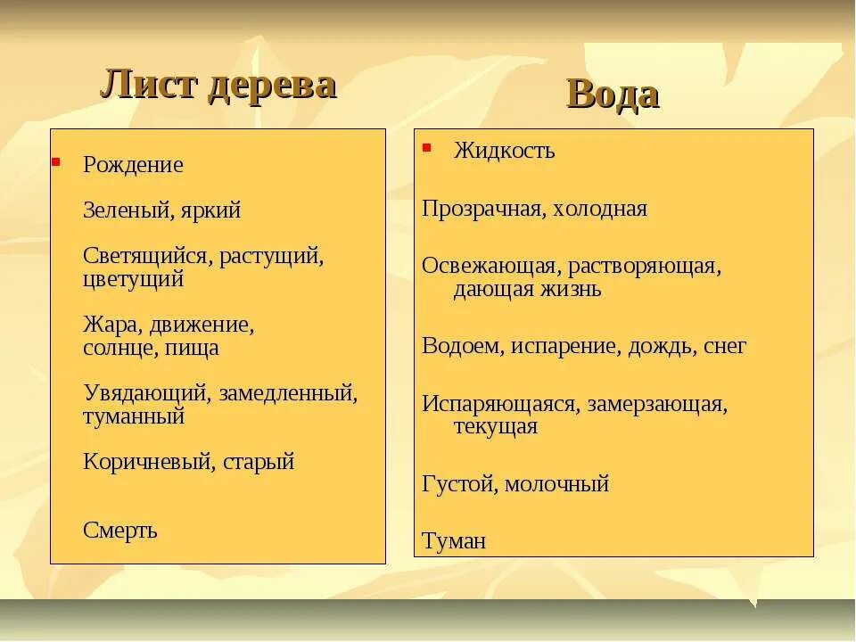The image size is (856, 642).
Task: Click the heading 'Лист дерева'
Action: click(218, 86)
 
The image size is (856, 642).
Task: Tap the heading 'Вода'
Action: click(613, 95)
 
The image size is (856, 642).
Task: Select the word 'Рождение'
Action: click(133, 165)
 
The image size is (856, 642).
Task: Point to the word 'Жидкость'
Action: click(504, 151)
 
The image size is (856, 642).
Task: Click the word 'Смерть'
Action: click(120, 531)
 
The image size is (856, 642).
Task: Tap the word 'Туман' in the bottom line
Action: click(454, 541)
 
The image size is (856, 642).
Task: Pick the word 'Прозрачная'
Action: click(481, 210)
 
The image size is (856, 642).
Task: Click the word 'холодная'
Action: click(600, 210)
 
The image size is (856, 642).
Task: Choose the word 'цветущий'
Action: click(134, 279)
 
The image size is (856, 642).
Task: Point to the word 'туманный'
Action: click(134, 416)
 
